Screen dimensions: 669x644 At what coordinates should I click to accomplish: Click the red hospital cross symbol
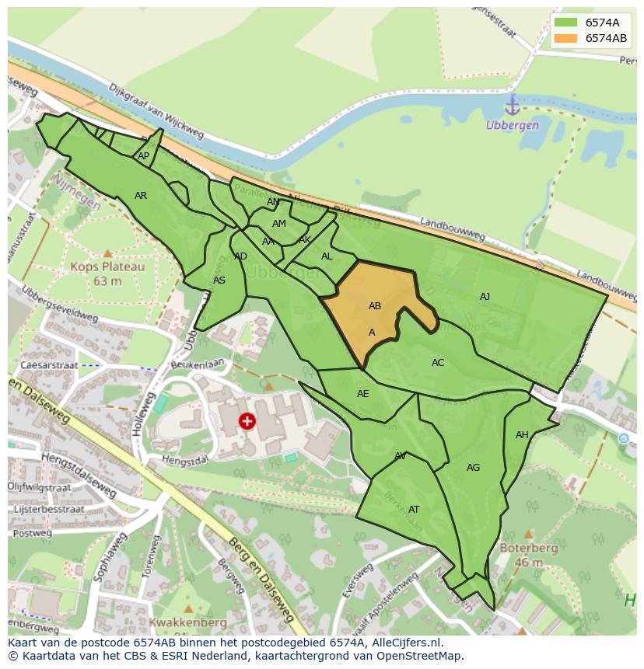[247, 421]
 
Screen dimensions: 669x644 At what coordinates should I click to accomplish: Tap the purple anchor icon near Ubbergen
[512, 105]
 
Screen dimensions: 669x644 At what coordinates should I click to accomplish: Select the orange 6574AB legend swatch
[565, 38]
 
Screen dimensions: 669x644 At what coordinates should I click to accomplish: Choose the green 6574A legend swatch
[565, 22]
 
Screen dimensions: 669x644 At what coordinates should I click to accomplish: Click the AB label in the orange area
[375, 306]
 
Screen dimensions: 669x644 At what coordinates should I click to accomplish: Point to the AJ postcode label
[485, 297]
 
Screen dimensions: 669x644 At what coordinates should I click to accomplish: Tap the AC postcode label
[438, 363]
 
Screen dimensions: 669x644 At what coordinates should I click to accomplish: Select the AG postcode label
[473, 468]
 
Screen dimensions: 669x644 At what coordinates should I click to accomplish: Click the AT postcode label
[414, 510]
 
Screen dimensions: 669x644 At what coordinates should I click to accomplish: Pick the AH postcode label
[522, 435]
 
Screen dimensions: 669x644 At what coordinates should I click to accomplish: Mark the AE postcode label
[362, 394]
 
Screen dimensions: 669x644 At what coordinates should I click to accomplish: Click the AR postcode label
[141, 196]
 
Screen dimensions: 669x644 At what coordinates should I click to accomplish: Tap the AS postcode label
[219, 280]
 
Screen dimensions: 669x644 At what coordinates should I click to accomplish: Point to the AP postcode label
[143, 156]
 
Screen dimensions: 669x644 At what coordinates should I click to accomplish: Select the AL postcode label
[327, 256]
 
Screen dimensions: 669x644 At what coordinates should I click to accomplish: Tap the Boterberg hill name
[529, 548]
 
